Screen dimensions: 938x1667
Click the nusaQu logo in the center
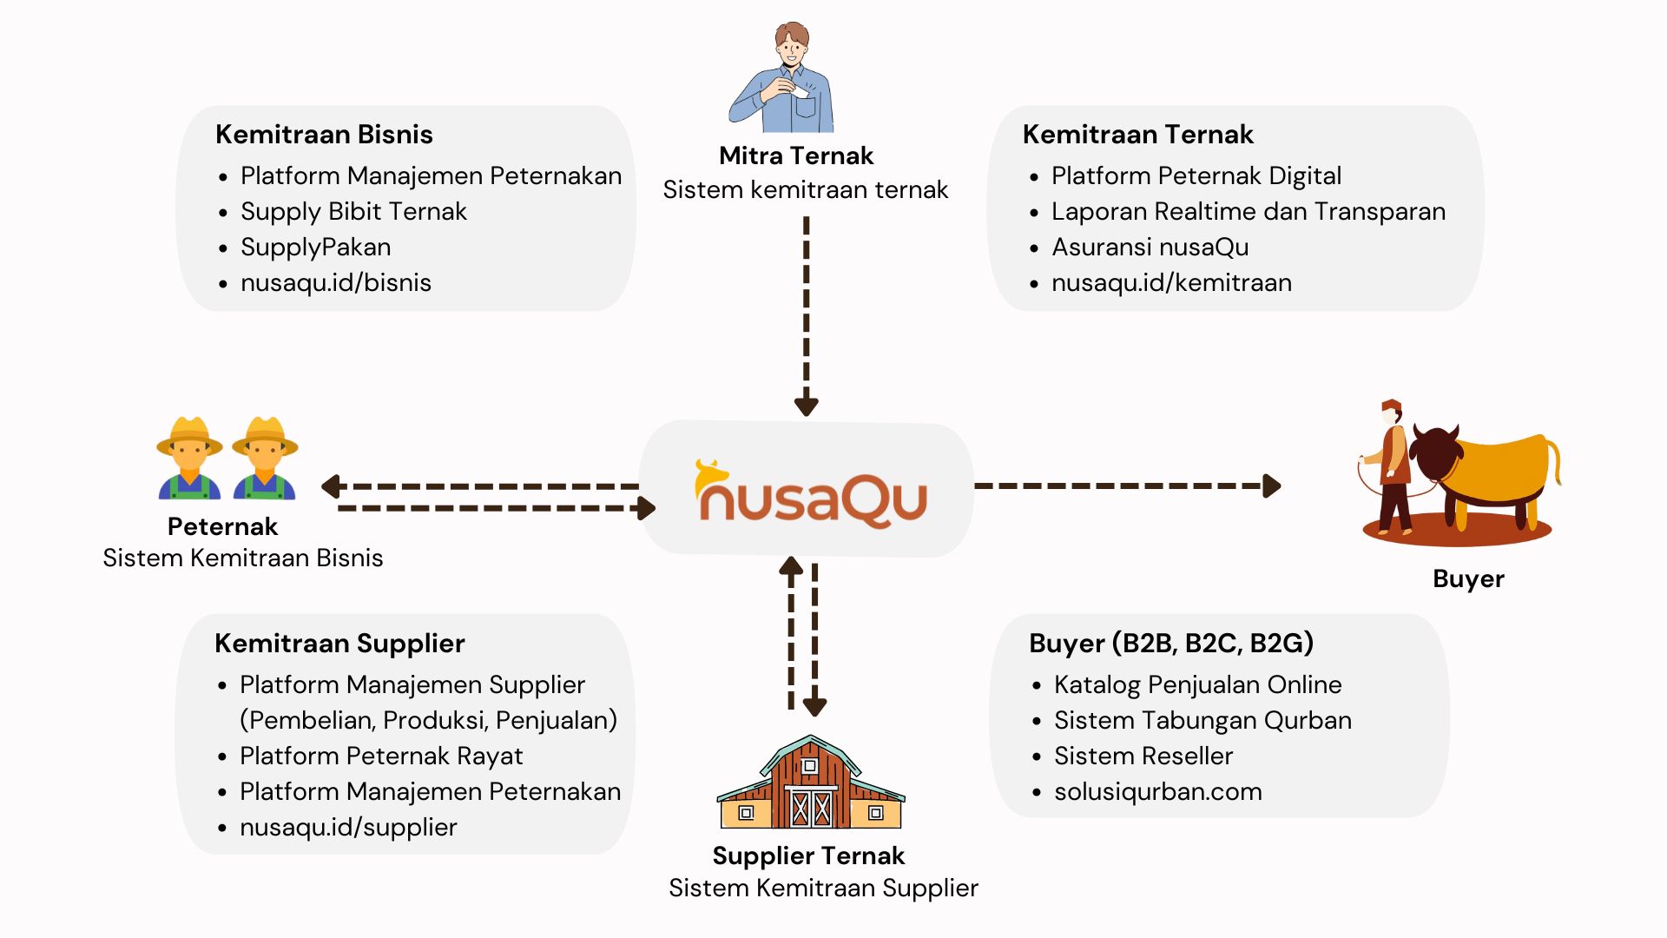[810, 493]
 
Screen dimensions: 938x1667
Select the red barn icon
[810, 784]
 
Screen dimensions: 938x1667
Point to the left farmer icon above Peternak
[189, 459]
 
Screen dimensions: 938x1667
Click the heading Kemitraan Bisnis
[324, 135]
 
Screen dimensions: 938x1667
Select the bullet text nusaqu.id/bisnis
[336, 283]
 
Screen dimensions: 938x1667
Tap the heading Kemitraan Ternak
[1137, 135]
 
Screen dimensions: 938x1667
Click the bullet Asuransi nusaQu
[1150, 248]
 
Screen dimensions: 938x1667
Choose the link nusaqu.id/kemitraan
[1171, 283]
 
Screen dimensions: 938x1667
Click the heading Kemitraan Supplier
[339, 644]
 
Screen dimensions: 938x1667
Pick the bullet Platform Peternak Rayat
[381, 756]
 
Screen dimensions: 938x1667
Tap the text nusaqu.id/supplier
[348, 828]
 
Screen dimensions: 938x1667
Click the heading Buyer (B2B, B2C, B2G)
[1170, 644]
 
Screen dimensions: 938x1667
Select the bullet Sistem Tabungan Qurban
[1202, 721]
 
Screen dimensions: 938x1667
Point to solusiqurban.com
[1157, 792]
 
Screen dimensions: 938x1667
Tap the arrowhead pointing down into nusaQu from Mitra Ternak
[807, 406]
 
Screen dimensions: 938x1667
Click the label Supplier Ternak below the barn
[808, 856]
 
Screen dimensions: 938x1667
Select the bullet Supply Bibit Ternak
[353, 212]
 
